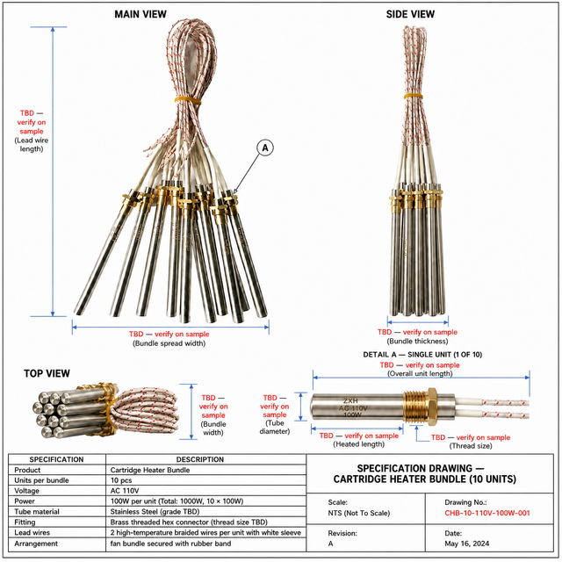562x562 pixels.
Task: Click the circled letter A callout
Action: [265, 148]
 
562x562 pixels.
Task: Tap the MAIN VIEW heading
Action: [140, 14]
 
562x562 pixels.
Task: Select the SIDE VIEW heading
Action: [410, 14]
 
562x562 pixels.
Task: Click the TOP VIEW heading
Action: [47, 373]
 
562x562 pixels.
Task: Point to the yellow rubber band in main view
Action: [188, 99]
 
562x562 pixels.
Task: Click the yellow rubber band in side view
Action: [414, 96]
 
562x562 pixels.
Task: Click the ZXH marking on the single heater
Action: [350, 401]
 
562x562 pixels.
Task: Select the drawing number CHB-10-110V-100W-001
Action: [487, 513]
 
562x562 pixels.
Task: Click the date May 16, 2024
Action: [466, 544]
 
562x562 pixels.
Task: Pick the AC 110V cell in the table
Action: [125, 491]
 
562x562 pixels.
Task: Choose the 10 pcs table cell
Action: [121, 480]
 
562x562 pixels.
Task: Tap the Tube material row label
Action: [37, 511]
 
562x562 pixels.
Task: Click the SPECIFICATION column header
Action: [56, 459]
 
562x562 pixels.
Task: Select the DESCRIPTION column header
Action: [200, 459]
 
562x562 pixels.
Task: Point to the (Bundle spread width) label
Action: [169, 343]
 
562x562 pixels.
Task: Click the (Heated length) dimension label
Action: [359, 444]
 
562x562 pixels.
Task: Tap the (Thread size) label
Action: [471, 446]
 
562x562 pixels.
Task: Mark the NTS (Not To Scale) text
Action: [359, 513]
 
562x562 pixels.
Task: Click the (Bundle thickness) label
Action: [418, 342]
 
